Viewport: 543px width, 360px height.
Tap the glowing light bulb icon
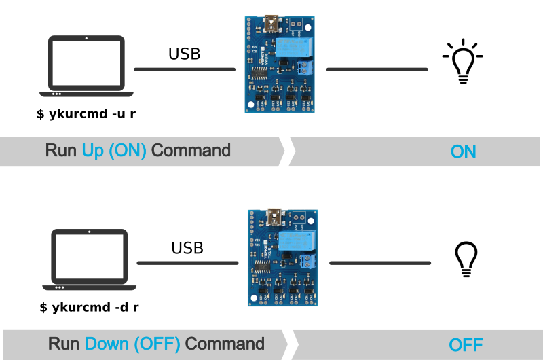(464, 65)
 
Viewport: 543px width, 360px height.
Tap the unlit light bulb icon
(466, 259)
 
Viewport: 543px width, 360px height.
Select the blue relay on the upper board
(293, 48)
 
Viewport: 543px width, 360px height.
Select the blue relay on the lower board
(295, 241)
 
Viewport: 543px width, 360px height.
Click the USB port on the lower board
(275, 218)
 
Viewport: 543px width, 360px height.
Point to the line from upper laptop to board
(185, 69)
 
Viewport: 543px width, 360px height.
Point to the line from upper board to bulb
(377, 69)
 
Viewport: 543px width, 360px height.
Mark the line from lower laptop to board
(187, 263)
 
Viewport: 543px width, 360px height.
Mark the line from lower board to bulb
(380, 263)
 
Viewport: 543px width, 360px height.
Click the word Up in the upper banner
(93, 151)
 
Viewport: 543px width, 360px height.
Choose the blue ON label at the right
(463, 151)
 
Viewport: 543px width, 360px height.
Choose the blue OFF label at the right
(466, 344)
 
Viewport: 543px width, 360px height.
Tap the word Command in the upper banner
(191, 151)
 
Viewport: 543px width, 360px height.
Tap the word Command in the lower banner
(225, 344)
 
